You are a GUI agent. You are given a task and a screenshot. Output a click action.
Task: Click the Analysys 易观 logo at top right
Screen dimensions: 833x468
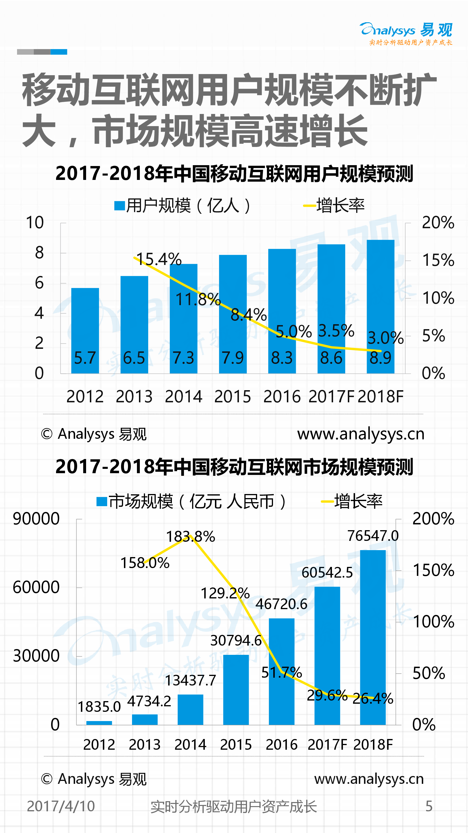coord(406,33)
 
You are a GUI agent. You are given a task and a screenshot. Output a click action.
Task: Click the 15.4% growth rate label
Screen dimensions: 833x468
coord(159,259)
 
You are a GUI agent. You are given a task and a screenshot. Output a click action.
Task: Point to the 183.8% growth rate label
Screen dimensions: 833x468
coord(191,537)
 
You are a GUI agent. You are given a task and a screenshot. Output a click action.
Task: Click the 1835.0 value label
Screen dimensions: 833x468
coord(99,707)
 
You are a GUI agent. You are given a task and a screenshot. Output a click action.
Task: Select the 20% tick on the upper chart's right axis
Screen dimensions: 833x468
coord(438,222)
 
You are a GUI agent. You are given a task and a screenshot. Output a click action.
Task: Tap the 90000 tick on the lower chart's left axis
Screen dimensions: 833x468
coord(36,519)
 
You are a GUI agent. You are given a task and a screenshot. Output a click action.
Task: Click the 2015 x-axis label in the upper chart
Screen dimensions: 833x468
coord(233,397)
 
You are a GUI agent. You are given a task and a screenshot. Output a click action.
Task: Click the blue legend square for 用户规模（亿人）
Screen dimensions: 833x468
coord(120,206)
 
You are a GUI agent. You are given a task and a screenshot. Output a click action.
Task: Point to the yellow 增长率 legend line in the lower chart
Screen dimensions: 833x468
coord(327,502)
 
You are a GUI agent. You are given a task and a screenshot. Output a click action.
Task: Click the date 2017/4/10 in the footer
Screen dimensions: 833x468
coord(61,806)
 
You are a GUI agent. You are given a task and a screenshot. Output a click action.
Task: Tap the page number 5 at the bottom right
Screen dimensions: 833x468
coord(429,806)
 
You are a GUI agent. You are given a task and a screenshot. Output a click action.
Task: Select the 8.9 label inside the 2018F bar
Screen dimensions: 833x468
coord(380,358)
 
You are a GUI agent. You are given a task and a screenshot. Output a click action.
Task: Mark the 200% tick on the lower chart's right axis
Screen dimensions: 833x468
coord(433,519)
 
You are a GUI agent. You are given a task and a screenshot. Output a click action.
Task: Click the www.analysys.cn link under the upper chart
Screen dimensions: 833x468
coord(361,434)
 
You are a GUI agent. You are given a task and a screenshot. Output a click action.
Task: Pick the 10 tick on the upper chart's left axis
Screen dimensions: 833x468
coord(35,222)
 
